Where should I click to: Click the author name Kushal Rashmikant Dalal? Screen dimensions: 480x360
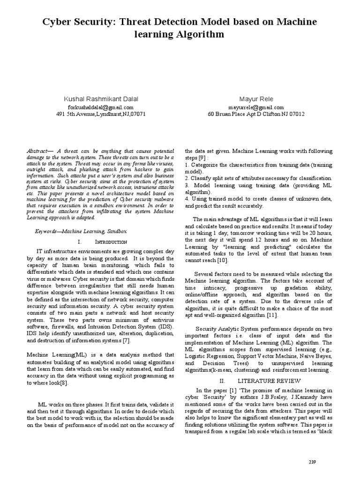tap(101, 99)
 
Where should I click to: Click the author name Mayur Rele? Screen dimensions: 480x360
tap(256, 99)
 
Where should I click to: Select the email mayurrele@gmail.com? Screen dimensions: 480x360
tap(256, 107)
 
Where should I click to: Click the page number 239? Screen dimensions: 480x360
tap(313, 462)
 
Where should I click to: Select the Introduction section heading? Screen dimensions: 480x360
tap(111, 242)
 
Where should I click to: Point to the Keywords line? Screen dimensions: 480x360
tap(81, 232)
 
